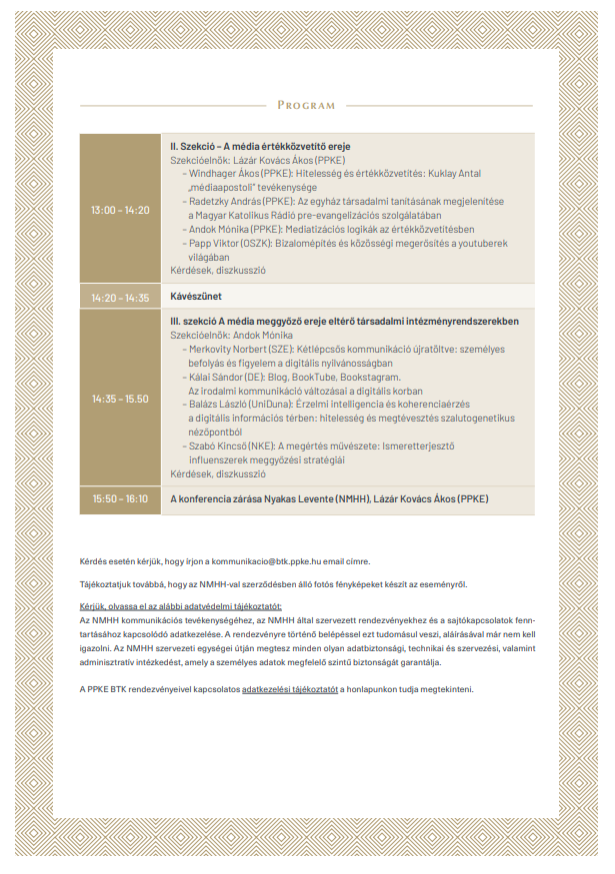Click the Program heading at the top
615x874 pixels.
[x=306, y=105]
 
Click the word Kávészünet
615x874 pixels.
[x=196, y=297]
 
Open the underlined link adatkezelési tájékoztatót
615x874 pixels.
[x=290, y=689]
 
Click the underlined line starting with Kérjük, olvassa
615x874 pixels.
[x=181, y=606]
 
